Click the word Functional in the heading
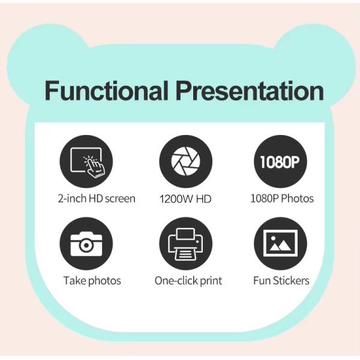[106, 91]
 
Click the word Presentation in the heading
[249, 91]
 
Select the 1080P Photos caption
[281, 199]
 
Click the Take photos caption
[92, 280]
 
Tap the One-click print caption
[188, 280]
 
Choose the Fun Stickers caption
[281, 280]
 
